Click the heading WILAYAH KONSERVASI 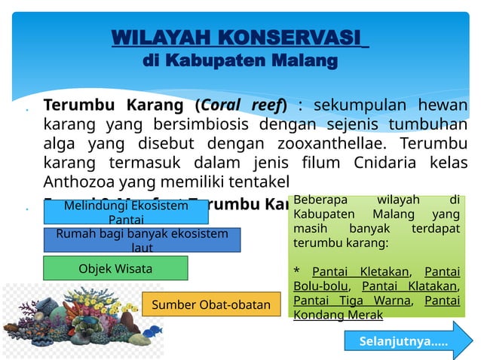(x=240, y=38)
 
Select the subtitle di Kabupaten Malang (x=240, y=59)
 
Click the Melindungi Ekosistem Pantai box (x=126, y=212)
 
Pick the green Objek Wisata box (x=115, y=268)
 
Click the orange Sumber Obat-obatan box (x=211, y=305)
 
